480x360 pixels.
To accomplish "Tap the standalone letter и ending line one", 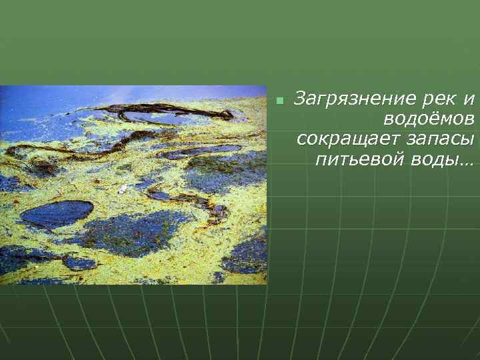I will point(469,100).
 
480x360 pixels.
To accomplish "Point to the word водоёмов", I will point(429,120).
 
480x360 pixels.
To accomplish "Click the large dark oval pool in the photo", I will point(56,214).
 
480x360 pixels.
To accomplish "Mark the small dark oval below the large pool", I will point(79,263).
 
